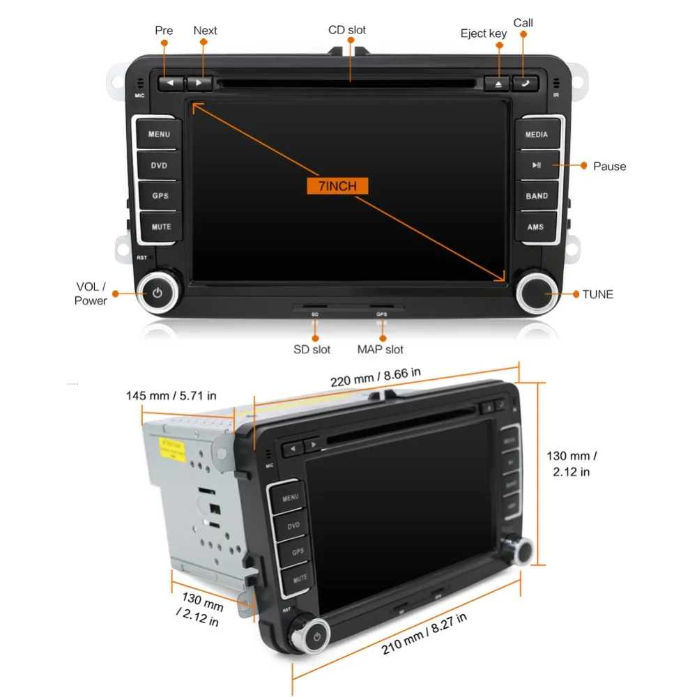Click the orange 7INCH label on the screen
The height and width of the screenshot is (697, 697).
[x=337, y=186]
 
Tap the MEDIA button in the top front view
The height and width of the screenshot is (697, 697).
[x=537, y=135]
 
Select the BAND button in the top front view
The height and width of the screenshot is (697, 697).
[x=537, y=196]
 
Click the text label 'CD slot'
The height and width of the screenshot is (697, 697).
[x=347, y=30]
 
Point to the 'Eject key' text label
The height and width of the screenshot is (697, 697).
[x=484, y=33]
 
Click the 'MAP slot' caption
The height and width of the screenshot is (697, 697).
[x=381, y=349]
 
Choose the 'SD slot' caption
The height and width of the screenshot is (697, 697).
[x=312, y=349]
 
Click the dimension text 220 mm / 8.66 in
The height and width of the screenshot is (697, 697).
[x=376, y=376]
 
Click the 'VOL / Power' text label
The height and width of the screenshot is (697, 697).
[x=91, y=294]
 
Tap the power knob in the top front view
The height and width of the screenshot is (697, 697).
[x=158, y=293]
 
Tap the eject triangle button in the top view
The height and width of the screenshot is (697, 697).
[x=498, y=83]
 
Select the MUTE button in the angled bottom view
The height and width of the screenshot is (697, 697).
[x=300, y=578]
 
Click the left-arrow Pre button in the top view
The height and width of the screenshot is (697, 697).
[x=171, y=83]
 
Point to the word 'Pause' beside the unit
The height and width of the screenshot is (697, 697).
[x=609, y=166]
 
